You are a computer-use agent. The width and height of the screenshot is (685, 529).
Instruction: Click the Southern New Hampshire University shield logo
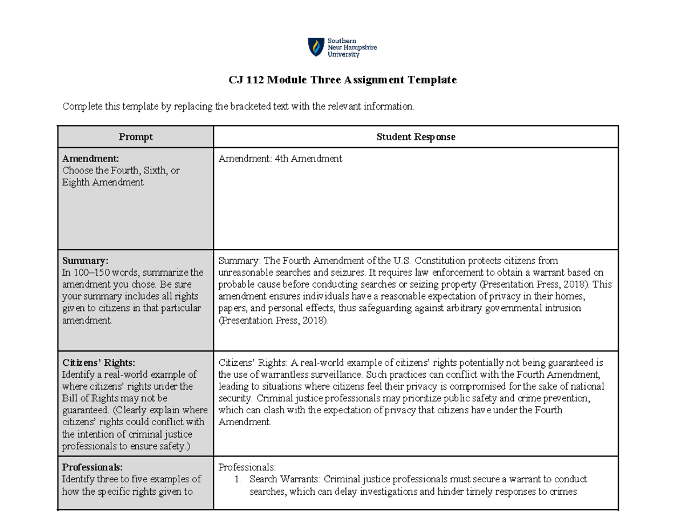pos(315,47)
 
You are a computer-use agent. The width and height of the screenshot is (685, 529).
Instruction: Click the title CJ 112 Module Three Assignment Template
pos(342,80)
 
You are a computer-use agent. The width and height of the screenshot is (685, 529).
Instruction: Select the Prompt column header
pos(135,137)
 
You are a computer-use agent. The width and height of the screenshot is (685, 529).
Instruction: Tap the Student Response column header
pos(416,137)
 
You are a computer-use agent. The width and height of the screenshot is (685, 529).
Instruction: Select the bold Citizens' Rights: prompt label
pos(99,362)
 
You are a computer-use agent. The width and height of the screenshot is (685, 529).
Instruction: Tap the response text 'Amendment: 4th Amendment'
pos(280,159)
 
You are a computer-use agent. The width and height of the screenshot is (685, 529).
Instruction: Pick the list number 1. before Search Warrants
pos(238,479)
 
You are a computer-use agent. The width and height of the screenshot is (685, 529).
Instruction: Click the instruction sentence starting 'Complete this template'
pos(237,106)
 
